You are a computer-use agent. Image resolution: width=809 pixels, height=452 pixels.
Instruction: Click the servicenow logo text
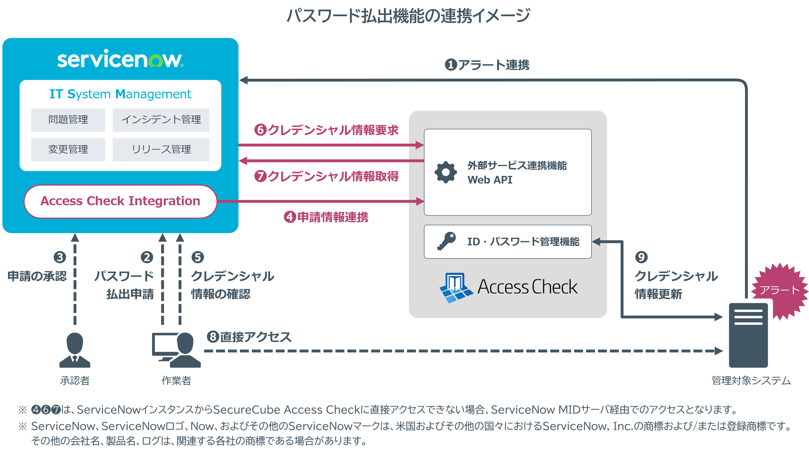point(120,59)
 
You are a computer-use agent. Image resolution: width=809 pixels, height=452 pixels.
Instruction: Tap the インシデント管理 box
point(161,120)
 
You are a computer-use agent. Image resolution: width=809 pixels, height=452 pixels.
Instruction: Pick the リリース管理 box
point(161,150)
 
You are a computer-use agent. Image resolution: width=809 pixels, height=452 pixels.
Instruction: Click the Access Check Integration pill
point(120,201)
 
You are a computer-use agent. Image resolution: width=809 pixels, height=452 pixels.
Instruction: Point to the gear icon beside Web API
point(446,172)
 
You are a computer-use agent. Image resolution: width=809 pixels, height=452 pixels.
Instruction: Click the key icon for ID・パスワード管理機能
point(446,241)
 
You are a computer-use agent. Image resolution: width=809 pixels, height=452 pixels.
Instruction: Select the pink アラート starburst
point(779,290)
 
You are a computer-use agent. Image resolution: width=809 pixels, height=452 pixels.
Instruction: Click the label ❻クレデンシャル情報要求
point(326,130)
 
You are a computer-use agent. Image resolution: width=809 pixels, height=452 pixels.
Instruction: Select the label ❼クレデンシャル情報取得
point(326,176)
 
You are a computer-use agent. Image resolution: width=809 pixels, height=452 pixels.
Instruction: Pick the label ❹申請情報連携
point(326,217)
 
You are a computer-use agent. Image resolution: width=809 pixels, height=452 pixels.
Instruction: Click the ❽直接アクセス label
point(249,337)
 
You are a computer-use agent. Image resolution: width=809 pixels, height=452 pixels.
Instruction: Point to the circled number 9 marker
point(641,257)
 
